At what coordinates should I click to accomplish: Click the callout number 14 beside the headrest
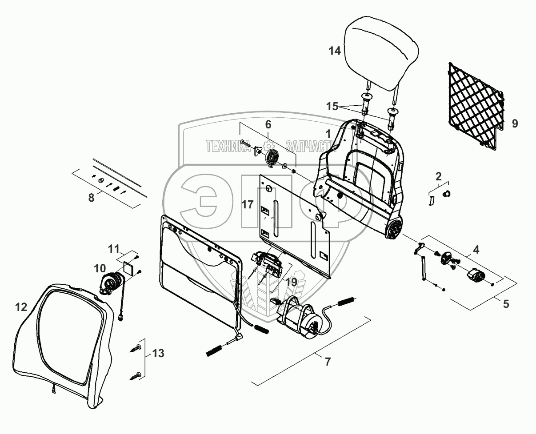(335, 51)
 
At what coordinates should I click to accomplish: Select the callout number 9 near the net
(515, 123)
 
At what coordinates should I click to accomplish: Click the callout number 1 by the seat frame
(328, 133)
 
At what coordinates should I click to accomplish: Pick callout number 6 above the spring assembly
(268, 125)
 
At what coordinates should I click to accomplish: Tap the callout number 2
(439, 175)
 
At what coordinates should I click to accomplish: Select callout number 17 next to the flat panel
(248, 205)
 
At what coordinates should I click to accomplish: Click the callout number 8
(91, 198)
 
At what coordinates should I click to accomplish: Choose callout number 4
(476, 250)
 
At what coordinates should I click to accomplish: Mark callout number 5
(505, 304)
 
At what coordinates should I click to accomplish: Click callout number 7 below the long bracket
(328, 362)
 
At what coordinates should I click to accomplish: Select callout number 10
(100, 268)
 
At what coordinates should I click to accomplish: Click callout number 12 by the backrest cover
(21, 307)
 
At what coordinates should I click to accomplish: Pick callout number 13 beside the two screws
(158, 354)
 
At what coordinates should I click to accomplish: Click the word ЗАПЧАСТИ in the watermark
(310, 146)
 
